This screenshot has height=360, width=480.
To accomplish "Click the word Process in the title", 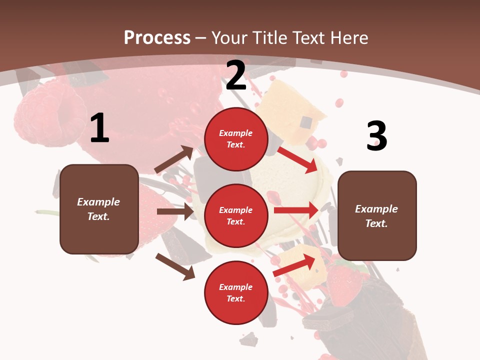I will (157, 38).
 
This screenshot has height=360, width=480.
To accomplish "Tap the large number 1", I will (99, 128).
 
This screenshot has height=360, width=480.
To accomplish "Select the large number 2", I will (236, 75).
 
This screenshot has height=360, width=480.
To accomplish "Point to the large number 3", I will (376, 136).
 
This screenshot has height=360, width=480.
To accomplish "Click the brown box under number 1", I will (99, 209).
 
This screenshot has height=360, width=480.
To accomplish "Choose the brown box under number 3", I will (377, 216).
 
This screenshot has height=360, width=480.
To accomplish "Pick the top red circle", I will (236, 139).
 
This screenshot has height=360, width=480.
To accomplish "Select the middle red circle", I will (236, 215).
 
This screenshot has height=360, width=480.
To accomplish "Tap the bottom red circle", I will (236, 292).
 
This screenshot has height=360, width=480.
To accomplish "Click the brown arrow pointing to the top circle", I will (174, 159).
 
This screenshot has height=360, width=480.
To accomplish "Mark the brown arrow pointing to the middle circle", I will (175, 211).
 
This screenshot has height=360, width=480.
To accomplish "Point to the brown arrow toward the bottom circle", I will (175, 266).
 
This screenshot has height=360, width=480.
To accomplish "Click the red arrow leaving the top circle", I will (297, 159).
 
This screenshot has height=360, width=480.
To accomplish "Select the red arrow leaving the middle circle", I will (296, 210).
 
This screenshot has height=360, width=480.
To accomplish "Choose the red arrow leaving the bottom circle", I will (294, 265).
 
